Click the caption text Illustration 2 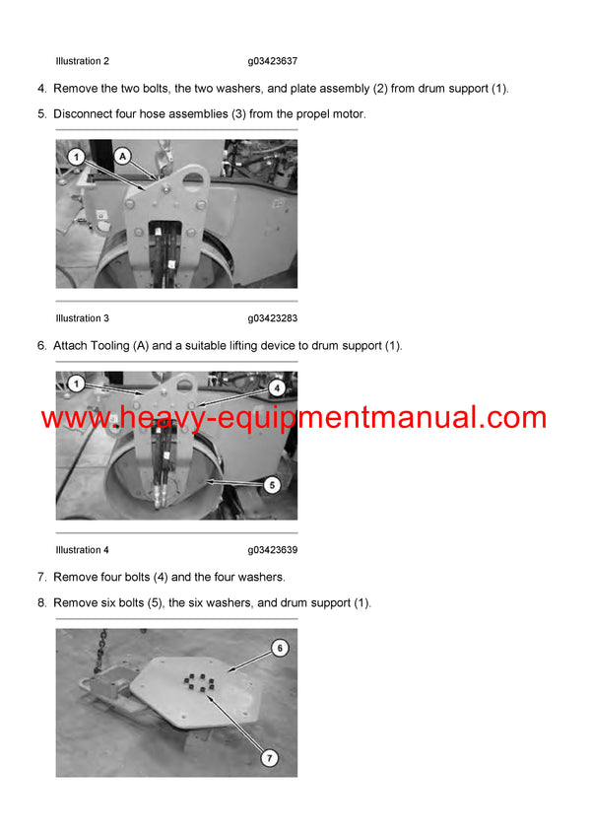coord(82,61)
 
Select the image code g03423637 coord(273,61)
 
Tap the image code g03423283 coord(273,318)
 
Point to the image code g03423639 coord(273,550)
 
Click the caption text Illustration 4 coord(82,550)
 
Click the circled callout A coord(122,155)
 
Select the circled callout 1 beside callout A coord(75,155)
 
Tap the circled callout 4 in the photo coord(277,388)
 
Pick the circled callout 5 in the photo coord(273,484)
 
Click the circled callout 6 coord(279,649)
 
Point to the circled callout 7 coord(270,758)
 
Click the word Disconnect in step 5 coord(83,114)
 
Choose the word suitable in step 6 coord(202,345)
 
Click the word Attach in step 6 coord(70,345)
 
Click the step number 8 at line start coord(41,602)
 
